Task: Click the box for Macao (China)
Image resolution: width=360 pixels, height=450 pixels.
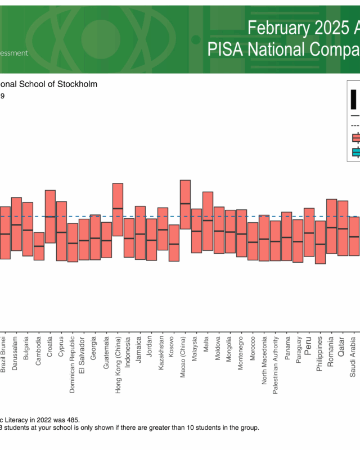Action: [x=185, y=204]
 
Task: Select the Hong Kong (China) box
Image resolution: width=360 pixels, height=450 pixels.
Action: [x=118, y=209]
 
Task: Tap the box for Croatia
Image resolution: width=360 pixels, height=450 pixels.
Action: [x=50, y=217]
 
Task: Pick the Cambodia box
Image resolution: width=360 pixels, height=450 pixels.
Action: [x=39, y=246]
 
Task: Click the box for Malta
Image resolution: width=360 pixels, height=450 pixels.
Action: [x=208, y=221]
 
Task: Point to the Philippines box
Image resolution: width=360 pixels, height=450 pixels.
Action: [x=320, y=242]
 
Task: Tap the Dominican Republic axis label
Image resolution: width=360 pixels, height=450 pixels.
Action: [x=73, y=360]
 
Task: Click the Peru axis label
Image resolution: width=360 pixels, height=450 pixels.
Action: [x=308, y=344]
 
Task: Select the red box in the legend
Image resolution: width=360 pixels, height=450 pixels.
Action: [x=355, y=138]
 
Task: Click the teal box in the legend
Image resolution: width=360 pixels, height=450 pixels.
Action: [x=355, y=152]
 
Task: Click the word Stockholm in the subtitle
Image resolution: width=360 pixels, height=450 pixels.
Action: [x=79, y=84]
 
